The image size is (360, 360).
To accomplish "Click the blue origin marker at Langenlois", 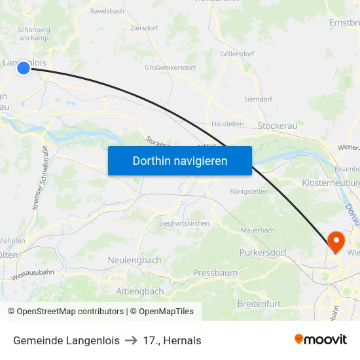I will [x=24, y=67].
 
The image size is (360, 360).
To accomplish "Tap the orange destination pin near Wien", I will [x=336, y=242].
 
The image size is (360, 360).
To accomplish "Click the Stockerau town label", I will [x=280, y=125].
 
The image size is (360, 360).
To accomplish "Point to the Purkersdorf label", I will [x=263, y=252].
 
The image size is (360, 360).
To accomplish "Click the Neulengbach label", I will [x=134, y=260].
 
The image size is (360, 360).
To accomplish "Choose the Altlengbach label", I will [x=139, y=291].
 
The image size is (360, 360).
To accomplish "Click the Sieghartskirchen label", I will [x=184, y=223].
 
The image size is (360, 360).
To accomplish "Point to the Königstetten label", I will [x=249, y=191].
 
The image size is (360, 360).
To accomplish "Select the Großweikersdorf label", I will [x=170, y=67].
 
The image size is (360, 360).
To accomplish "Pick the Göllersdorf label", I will [x=237, y=54].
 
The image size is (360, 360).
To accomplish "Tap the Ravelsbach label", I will [x=107, y=11].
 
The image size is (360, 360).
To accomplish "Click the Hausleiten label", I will [x=228, y=124].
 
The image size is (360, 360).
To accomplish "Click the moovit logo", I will [x=321, y=339].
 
